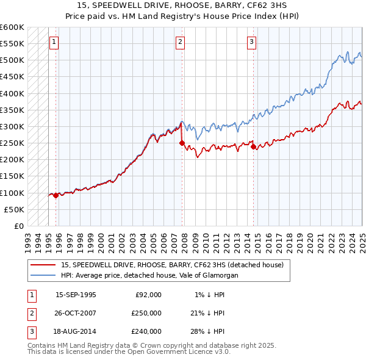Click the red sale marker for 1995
(56, 195)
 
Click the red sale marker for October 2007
(182, 143)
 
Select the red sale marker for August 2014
(253, 146)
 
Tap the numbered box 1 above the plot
(54, 42)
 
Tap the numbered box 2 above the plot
(181, 42)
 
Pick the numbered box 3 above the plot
(251, 42)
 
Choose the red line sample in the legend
(43, 265)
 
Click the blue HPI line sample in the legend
(43, 276)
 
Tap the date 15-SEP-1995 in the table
(76, 295)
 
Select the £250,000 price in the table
(146, 313)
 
